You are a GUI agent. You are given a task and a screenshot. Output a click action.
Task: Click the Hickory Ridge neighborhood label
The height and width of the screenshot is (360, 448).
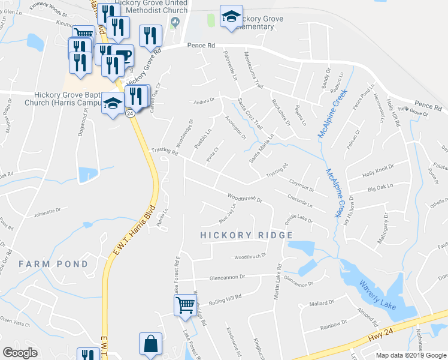[243, 235]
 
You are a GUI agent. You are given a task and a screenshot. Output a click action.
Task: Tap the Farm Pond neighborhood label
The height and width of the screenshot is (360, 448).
[49, 264]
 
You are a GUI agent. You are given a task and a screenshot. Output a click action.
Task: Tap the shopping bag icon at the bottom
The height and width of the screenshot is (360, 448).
[150, 344]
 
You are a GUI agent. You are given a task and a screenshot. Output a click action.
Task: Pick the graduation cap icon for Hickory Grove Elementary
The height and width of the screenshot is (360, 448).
[231, 17]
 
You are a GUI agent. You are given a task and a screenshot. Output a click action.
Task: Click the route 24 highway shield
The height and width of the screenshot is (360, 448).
[129, 112]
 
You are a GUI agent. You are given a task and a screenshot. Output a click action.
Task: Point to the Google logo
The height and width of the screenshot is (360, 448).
[20, 353]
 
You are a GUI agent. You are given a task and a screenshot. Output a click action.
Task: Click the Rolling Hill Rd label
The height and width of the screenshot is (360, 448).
[225, 297]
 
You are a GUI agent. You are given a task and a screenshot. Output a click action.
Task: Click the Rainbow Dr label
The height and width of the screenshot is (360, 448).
[334, 326]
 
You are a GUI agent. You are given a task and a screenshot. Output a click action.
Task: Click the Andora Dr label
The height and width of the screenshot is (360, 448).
[204, 101]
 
